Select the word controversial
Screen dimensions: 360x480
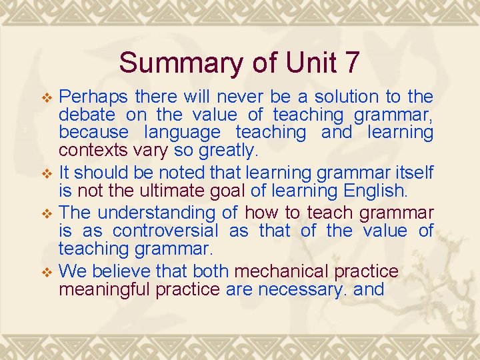click(165, 231)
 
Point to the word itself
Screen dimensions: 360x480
click(412, 173)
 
